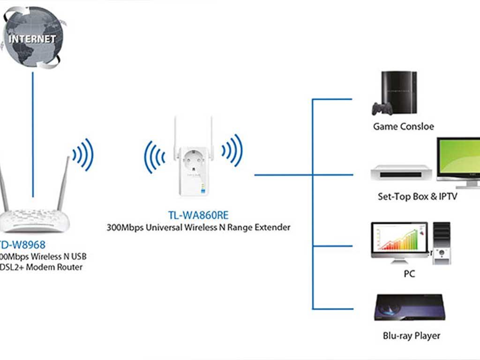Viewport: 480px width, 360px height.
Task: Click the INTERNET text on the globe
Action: (32, 38)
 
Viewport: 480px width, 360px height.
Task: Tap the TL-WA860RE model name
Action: (198, 215)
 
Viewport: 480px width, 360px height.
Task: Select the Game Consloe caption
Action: (403, 127)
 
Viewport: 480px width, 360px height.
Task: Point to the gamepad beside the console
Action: (381, 109)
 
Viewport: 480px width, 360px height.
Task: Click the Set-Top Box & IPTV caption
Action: (417, 196)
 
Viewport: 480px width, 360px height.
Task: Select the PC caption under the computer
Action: (409, 274)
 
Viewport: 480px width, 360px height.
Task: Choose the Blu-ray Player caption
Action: (411, 336)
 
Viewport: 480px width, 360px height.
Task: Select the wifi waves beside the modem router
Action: (83, 154)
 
